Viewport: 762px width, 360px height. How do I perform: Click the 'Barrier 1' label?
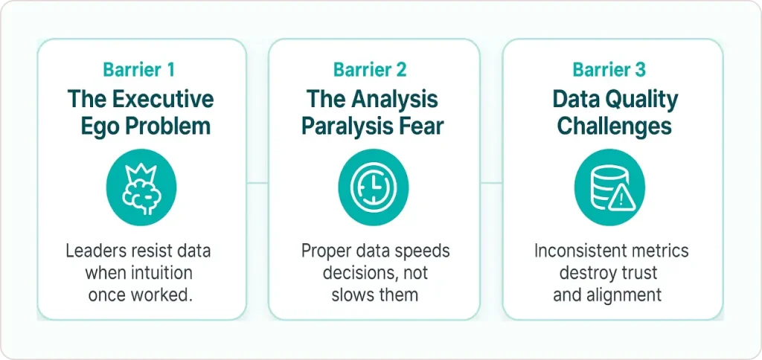coord(140,70)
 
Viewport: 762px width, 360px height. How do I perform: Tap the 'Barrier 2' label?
coord(370,70)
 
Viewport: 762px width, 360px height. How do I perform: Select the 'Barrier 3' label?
coord(609,70)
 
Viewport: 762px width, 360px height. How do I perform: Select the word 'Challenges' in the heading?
coord(614,125)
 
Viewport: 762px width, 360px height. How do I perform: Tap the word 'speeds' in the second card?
coord(424,251)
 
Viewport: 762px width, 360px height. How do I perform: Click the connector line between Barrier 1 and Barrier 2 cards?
coord(257,182)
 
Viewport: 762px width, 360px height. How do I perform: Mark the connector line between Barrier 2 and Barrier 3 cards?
coord(490,182)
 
